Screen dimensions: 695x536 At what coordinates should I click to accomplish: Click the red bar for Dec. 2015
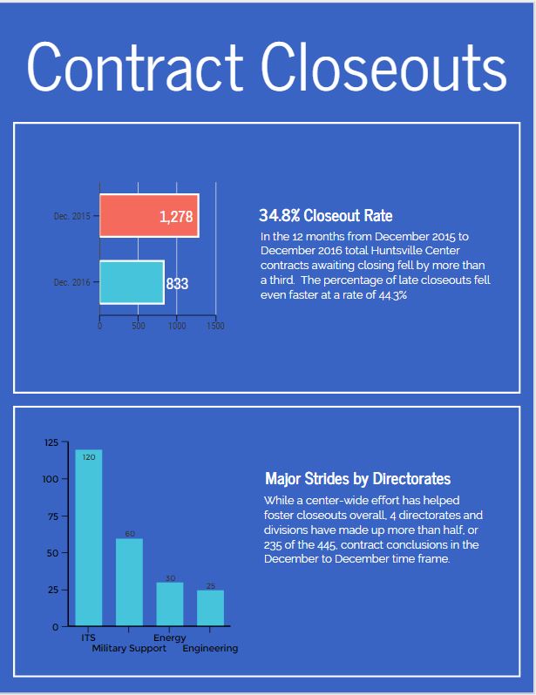point(131,216)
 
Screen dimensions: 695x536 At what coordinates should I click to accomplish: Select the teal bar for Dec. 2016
point(131,282)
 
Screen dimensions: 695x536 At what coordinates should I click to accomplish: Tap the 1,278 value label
point(176,217)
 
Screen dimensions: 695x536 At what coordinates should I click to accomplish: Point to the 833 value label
point(178,283)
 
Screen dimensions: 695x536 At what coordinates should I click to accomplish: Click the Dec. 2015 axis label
point(72,216)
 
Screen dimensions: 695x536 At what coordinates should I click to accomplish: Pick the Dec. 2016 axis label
point(72,282)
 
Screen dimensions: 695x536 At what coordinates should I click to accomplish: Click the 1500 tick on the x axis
point(215,327)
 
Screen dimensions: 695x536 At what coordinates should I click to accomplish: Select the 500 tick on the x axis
point(139,327)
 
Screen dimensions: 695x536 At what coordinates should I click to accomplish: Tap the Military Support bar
point(129,582)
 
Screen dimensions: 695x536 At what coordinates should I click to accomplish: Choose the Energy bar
point(170,604)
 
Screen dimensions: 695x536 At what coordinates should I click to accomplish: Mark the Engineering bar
point(210,608)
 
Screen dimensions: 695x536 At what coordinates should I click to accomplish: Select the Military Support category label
point(129,649)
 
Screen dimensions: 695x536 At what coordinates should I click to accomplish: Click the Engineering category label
point(210,649)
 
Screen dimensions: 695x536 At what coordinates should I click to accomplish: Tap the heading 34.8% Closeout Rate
point(325,215)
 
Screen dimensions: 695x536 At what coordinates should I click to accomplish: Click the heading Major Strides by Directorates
point(357,479)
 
